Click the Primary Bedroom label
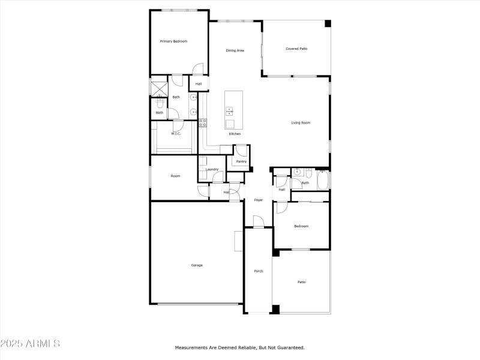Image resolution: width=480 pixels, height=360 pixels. [173, 41]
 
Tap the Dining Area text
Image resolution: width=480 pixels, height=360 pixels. [235, 50]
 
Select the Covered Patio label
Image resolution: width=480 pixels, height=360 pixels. [296, 49]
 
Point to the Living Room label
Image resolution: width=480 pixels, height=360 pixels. [301, 123]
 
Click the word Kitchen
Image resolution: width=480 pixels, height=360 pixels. [235, 134]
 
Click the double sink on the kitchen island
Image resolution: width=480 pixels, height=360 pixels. [230, 110]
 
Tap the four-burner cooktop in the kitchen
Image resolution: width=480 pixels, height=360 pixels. [203, 122]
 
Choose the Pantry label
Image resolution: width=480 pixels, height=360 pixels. [241, 161]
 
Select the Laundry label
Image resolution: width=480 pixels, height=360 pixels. [212, 170]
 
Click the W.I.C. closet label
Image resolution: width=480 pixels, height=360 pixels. [176, 134]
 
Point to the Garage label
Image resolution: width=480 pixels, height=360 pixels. [197, 265]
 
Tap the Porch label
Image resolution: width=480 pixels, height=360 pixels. [259, 271]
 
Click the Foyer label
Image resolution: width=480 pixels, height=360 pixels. [259, 200]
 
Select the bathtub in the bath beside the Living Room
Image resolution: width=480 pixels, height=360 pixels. [322, 180]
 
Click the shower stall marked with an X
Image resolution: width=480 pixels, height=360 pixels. [158, 87]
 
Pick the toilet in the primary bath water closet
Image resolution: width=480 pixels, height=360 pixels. [160, 101]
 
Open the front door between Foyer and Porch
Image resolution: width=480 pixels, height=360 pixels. [259, 223]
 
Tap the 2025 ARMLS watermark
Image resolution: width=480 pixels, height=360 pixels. [30, 344]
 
